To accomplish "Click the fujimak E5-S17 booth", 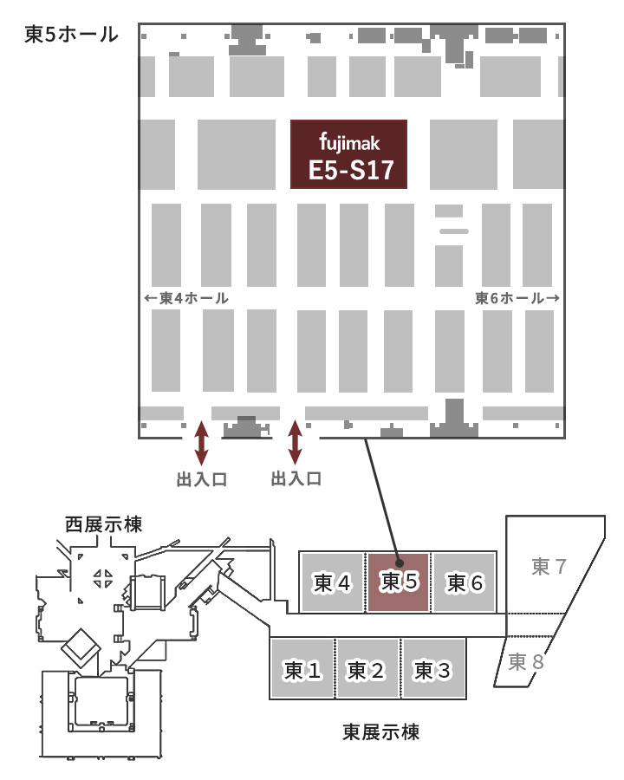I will click(x=348, y=154).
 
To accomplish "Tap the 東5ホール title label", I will click(x=71, y=36).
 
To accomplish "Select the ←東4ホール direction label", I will click(x=187, y=298).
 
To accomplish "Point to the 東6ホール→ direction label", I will click(x=517, y=298).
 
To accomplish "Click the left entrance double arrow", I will click(x=201, y=442).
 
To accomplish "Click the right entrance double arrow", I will click(x=295, y=442).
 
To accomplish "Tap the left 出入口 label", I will click(x=201, y=478).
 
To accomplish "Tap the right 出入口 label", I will click(x=296, y=478).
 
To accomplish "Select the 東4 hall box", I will click(x=332, y=582).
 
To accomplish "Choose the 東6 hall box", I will click(x=465, y=582).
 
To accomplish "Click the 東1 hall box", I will click(x=302, y=669).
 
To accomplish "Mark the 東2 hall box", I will click(x=368, y=669).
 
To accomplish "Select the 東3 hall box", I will click(x=433, y=669).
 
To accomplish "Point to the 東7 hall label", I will click(x=549, y=567).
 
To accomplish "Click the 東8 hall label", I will click(x=526, y=662).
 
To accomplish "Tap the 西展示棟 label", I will click(x=103, y=524).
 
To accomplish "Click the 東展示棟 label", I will click(x=381, y=732).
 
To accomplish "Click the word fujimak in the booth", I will click(x=349, y=141).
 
